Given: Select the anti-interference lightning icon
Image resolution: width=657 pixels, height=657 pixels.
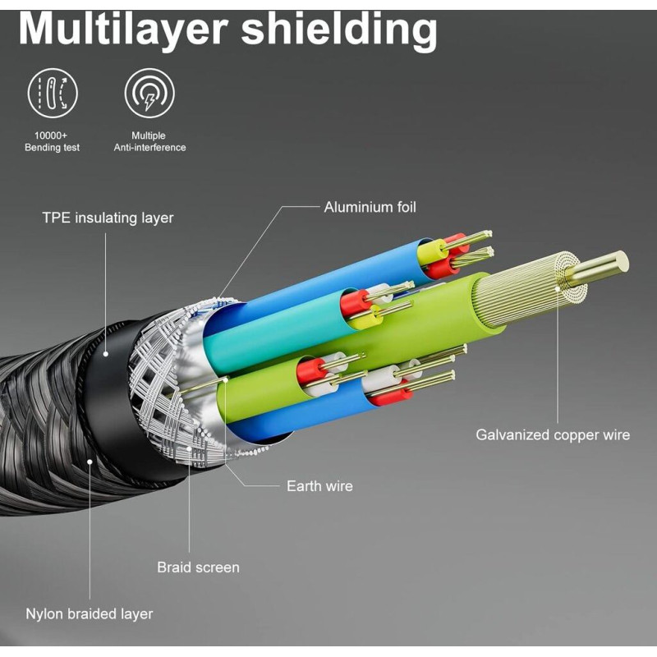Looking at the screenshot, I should click(x=149, y=92).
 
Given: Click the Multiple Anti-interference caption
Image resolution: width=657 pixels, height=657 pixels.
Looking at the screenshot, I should click(x=149, y=141).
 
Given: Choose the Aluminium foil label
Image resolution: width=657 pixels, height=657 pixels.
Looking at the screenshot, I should click(x=370, y=207).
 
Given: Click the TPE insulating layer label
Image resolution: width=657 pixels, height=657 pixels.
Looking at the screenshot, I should click(x=108, y=218).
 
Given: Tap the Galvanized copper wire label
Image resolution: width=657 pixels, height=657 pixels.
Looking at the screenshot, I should click(x=553, y=434).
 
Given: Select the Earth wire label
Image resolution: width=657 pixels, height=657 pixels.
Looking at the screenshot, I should click(x=319, y=486).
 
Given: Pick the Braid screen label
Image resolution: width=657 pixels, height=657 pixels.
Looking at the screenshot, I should click(x=198, y=567).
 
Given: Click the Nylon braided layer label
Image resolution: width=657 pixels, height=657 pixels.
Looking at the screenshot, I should click(x=89, y=613).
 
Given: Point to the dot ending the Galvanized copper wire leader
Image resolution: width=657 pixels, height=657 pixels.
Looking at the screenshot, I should click(x=558, y=286).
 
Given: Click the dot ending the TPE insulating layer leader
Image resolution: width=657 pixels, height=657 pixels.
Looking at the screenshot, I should click(x=106, y=355).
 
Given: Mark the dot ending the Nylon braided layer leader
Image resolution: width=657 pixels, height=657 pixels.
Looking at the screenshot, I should click(x=89, y=461).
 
